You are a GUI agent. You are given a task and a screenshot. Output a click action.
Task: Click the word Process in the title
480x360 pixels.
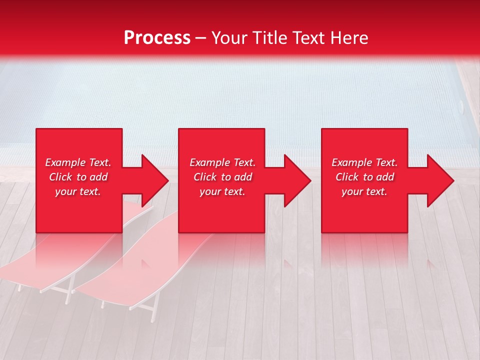(x=157, y=38)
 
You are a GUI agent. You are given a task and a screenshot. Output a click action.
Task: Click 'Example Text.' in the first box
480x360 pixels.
(x=78, y=162)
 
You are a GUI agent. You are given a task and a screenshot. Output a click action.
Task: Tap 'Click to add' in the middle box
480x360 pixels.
(x=222, y=177)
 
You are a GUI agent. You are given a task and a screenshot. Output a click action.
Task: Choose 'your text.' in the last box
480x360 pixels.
(x=364, y=191)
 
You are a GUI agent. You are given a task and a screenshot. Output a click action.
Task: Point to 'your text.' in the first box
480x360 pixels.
(x=78, y=191)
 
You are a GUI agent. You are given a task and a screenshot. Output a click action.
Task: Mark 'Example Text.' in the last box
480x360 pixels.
(x=364, y=162)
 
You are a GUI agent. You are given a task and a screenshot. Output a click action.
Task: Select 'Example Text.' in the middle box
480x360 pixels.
(x=222, y=162)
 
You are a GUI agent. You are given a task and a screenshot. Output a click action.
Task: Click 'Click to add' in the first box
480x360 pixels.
(x=78, y=177)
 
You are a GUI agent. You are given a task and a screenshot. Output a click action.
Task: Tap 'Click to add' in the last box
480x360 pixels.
(x=364, y=177)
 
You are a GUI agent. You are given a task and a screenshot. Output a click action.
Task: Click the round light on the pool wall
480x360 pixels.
(x=460, y=105)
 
